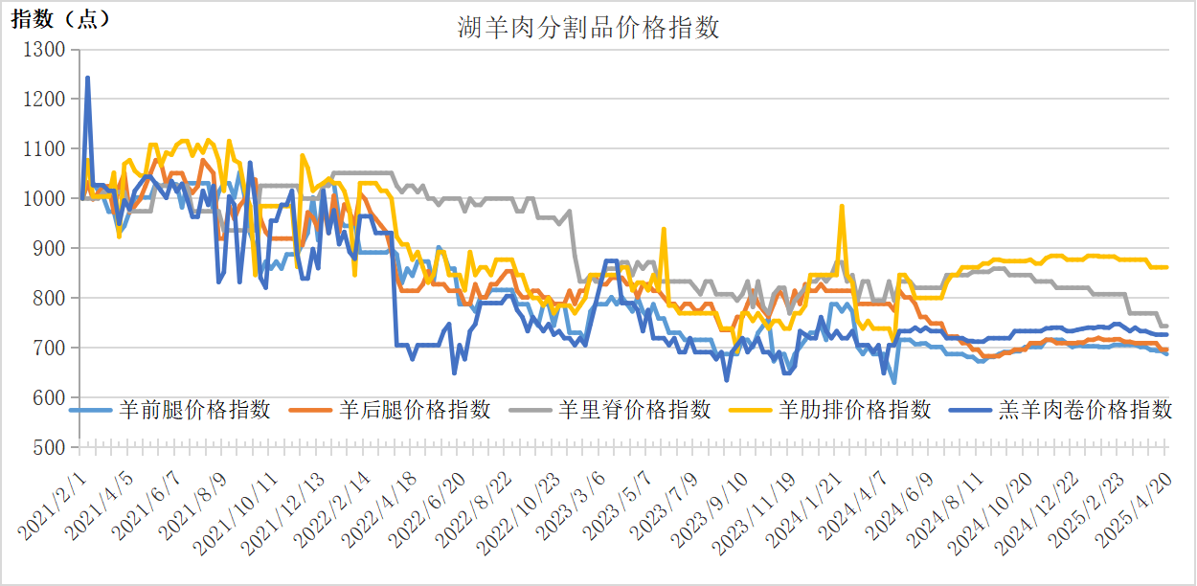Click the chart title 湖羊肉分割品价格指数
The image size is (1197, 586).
(x=588, y=28)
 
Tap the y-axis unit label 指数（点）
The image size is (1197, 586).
(x=60, y=19)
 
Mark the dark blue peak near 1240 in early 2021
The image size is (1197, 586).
(x=88, y=78)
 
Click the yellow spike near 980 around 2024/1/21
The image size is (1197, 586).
(x=842, y=206)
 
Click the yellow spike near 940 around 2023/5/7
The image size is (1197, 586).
(x=664, y=229)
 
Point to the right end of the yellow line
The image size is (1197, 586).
(x=1166, y=267)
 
